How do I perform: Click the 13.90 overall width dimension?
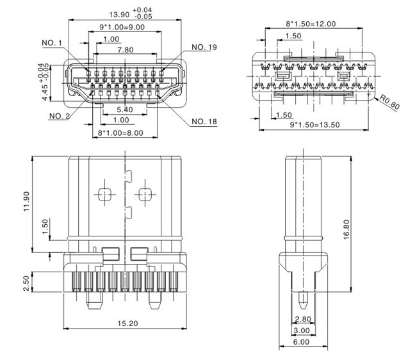[120, 14]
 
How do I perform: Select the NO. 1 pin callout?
[52, 43]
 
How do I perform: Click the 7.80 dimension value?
[126, 49]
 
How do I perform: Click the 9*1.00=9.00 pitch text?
[117, 28]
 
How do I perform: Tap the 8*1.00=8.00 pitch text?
[120, 133]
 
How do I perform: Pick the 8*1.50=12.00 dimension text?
[310, 24]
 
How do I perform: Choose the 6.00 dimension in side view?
[300, 343]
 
